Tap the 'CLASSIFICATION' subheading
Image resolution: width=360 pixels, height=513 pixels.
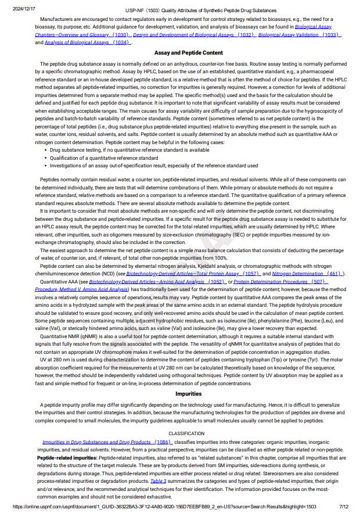(186, 433)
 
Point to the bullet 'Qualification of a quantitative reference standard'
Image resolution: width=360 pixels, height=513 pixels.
(104, 157)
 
